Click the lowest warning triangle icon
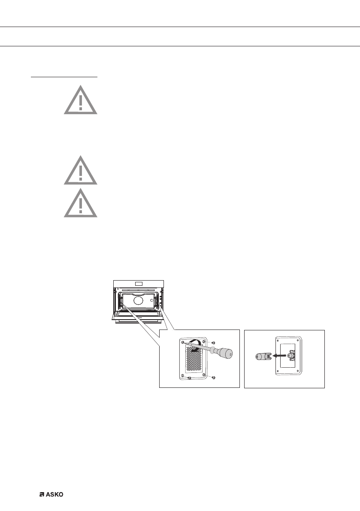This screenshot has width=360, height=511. pyautogui.click(x=81, y=205)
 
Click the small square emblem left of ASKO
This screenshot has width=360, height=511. pyautogui.click(x=42, y=494)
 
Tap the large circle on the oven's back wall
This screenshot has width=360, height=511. pyautogui.click(x=138, y=300)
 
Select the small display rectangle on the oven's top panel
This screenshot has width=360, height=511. pyautogui.click(x=138, y=283)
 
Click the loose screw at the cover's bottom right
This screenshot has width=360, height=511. pyautogui.click(x=214, y=377)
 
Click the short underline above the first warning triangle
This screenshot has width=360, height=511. pyautogui.click(x=64, y=78)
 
